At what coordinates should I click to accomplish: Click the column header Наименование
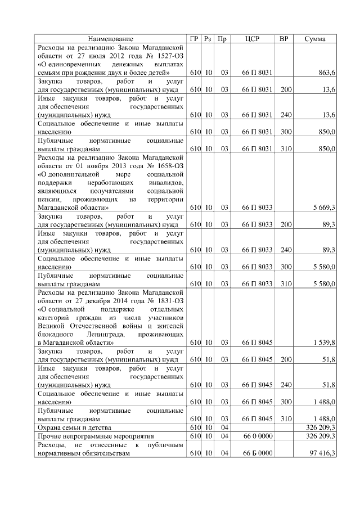pos(111,39)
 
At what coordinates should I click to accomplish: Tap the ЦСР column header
pos(253,39)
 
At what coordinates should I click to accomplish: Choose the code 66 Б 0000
pos(258,453)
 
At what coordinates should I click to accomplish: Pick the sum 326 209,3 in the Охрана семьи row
pos(321,427)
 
